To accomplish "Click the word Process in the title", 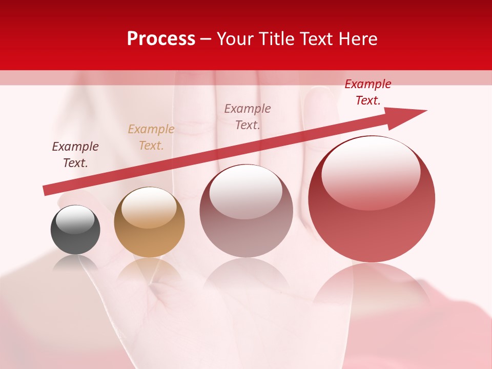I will pyautogui.click(x=161, y=39).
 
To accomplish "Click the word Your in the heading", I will pyautogui.click(x=235, y=39).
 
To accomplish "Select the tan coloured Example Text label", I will pyautogui.click(x=151, y=137).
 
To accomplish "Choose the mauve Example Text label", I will pyautogui.click(x=248, y=116).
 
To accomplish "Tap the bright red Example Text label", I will pyautogui.click(x=368, y=92).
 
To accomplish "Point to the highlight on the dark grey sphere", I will pyautogui.click(x=75, y=219).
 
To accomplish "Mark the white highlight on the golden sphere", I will pyautogui.click(x=149, y=207).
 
